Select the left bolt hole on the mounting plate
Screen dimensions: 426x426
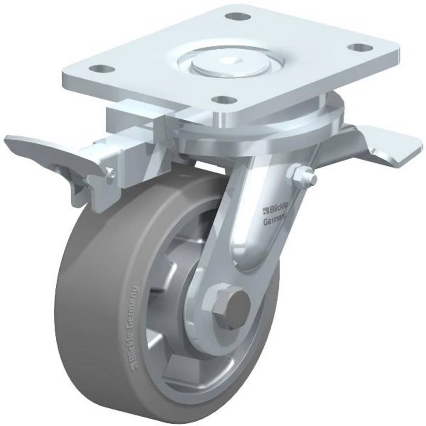(101, 68)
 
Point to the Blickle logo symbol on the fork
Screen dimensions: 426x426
(266, 210)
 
